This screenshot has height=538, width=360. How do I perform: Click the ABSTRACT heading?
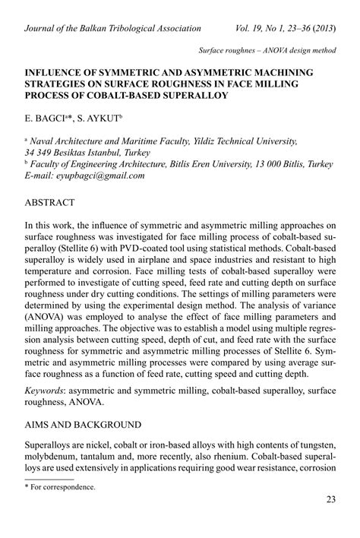(50, 203)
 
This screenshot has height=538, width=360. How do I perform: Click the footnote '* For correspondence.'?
(62, 487)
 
